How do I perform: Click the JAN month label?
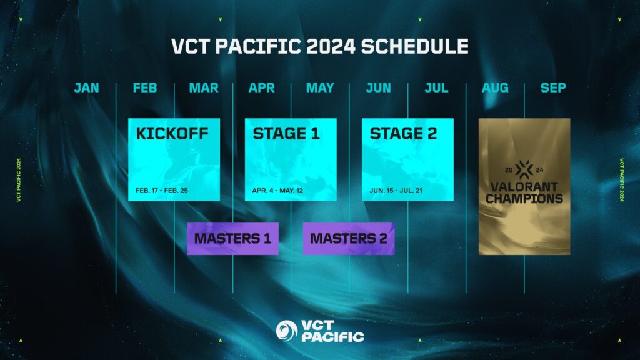tap(86, 88)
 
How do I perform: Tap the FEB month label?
tap(145, 88)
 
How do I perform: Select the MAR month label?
tap(204, 88)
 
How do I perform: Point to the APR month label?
tap(261, 88)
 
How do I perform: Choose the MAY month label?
tap(320, 88)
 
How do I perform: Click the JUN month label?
tap(378, 88)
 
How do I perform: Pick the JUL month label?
tap(436, 88)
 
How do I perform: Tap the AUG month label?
tap(495, 88)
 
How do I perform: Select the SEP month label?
tap(553, 88)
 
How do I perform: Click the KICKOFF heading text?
tap(172, 134)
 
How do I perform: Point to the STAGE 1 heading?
tap(286, 134)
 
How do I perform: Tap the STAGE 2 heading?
tap(403, 134)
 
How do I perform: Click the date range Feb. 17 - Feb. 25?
tap(161, 189)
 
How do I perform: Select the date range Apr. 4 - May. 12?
tap(277, 189)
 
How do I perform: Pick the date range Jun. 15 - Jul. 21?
tap(396, 189)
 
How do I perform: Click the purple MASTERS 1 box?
tap(232, 238)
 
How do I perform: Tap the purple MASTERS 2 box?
tap(349, 238)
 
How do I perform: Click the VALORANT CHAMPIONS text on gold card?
tap(524, 192)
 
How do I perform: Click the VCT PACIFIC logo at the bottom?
tap(320, 331)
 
